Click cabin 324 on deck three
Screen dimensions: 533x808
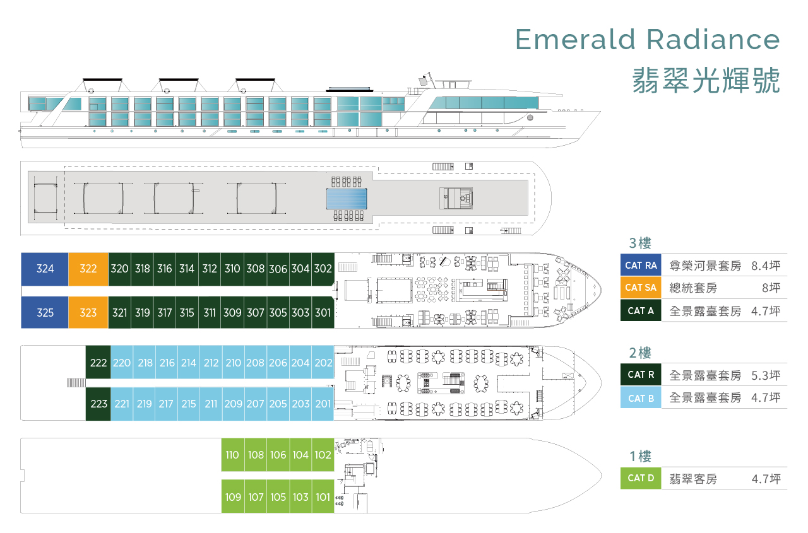click(x=45, y=269)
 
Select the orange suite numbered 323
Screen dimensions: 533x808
click(x=88, y=312)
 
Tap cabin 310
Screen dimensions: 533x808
click(x=232, y=269)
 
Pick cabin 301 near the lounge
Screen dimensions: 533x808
click(x=323, y=312)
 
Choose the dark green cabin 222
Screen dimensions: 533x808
click(x=98, y=363)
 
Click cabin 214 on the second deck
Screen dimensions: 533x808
click(x=189, y=363)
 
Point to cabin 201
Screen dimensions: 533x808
click(x=323, y=404)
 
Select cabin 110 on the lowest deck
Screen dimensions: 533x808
click(x=232, y=455)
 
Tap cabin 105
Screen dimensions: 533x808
click(x=278, y=497)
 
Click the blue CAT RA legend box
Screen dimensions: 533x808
click(x=641, y=266)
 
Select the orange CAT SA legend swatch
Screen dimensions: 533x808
click(x=641, y=288)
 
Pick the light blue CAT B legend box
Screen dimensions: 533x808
click(x=641, y=398)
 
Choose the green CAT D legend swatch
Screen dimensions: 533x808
click(x=641, y=478)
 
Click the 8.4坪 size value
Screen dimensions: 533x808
click(x=766, y=266)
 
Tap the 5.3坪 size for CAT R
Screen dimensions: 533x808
click(x=766, y=375)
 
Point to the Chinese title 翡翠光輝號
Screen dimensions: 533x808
click(x=706, y=81)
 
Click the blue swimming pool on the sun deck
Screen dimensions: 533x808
click(x=346, y=199)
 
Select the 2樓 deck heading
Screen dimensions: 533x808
click(x=639, y=353)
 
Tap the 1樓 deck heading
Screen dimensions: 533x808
click(x=639, y=457)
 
